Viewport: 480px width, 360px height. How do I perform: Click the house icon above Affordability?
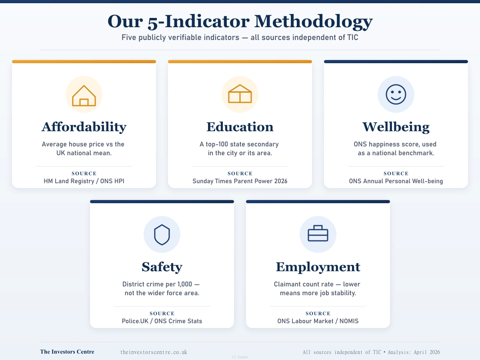[x=84, y=95]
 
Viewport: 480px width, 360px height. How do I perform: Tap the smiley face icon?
[x=396, y=95]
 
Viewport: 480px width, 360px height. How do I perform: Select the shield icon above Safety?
[x=162, y=234]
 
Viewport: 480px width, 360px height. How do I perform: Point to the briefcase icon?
[x=318, y=234]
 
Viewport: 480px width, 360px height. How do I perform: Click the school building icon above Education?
[x=240, y=94]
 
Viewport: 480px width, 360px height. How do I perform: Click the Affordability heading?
[x=84, y=127]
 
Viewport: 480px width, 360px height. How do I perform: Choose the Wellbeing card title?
[x=396, y=127]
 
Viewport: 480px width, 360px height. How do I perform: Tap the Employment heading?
[x=318, y=267]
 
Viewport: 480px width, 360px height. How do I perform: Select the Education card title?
[x=240, y=127]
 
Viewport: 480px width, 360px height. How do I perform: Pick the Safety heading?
[x=162, y=267]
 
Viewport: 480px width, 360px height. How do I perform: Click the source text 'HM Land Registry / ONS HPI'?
[x=84, y=181]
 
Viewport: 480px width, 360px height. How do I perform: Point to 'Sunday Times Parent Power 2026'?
[x=240, y=181]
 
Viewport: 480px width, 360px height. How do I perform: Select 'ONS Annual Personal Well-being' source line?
[x=396, y=181]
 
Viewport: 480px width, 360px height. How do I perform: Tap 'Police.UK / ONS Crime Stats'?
[x=162, y=321]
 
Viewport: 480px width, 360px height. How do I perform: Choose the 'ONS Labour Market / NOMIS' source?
[x=318, y=321]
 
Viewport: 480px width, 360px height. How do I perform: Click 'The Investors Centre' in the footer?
[x=67, y=352]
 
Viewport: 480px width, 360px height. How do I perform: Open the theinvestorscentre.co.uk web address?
[x=154, y=352]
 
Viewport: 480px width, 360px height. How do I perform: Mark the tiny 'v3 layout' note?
[x=240, y=357]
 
